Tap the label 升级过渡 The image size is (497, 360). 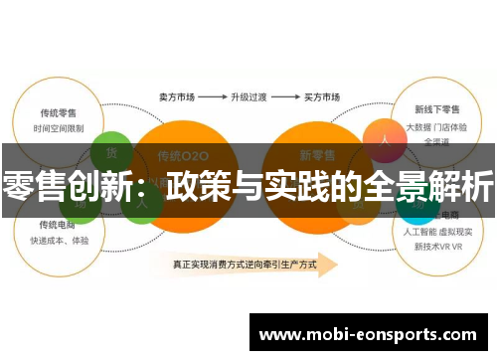click(x=248, y=98)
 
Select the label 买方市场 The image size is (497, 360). click(x=320, y=98)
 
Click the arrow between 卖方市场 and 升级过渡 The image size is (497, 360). click(x=211, y=98)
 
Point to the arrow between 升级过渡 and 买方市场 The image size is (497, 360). click(x=284, y=98)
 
